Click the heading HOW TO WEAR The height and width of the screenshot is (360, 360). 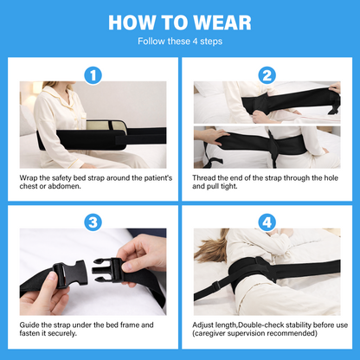click(x=180, y=20)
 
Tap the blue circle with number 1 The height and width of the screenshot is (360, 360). click(x=94, y=75)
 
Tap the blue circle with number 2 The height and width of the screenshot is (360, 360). click(x=266, y=75)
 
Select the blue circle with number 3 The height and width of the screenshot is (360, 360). click(x=94, y=222)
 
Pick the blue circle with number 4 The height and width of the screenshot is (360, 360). click(x=266, y=222)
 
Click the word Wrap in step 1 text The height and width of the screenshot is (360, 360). click(x=29, y=177)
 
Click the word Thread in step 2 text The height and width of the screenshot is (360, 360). click(x=206, y=177)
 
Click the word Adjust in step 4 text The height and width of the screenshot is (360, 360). click(x=205, y=324)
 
